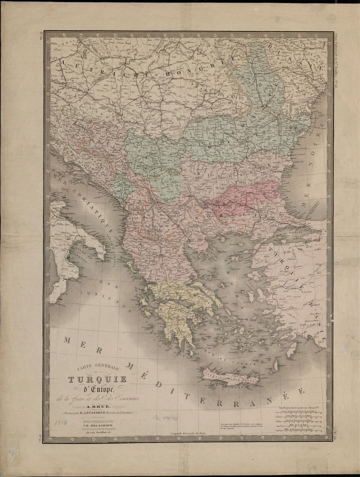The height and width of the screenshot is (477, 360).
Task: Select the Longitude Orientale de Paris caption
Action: pos(189,433)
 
